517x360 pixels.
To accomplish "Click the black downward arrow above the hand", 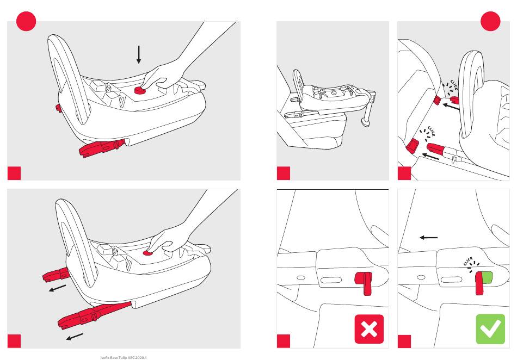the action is point(139,54).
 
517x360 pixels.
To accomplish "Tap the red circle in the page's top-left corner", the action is point(26,21).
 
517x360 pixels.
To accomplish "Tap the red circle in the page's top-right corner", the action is point(491,21).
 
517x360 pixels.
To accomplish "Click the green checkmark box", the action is point(490,329).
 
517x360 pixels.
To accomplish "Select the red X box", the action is point(370,329).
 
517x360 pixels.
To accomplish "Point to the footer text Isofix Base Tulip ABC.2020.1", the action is point(124,357).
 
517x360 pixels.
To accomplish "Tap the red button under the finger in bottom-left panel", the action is point(147,253).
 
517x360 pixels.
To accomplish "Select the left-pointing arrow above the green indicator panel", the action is point(429,237).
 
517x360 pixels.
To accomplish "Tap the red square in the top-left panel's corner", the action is point(14,173).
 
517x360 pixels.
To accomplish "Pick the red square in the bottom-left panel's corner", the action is point(14,341).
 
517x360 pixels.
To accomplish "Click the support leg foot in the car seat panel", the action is point(365,123).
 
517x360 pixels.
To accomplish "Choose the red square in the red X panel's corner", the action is point(284,341).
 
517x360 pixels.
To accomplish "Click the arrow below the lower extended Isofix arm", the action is point(75,337).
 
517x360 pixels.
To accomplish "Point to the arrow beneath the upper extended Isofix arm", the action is point(57,288).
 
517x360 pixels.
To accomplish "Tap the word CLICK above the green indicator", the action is point(468,260).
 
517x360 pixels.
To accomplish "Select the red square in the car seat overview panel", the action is point(284,173).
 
